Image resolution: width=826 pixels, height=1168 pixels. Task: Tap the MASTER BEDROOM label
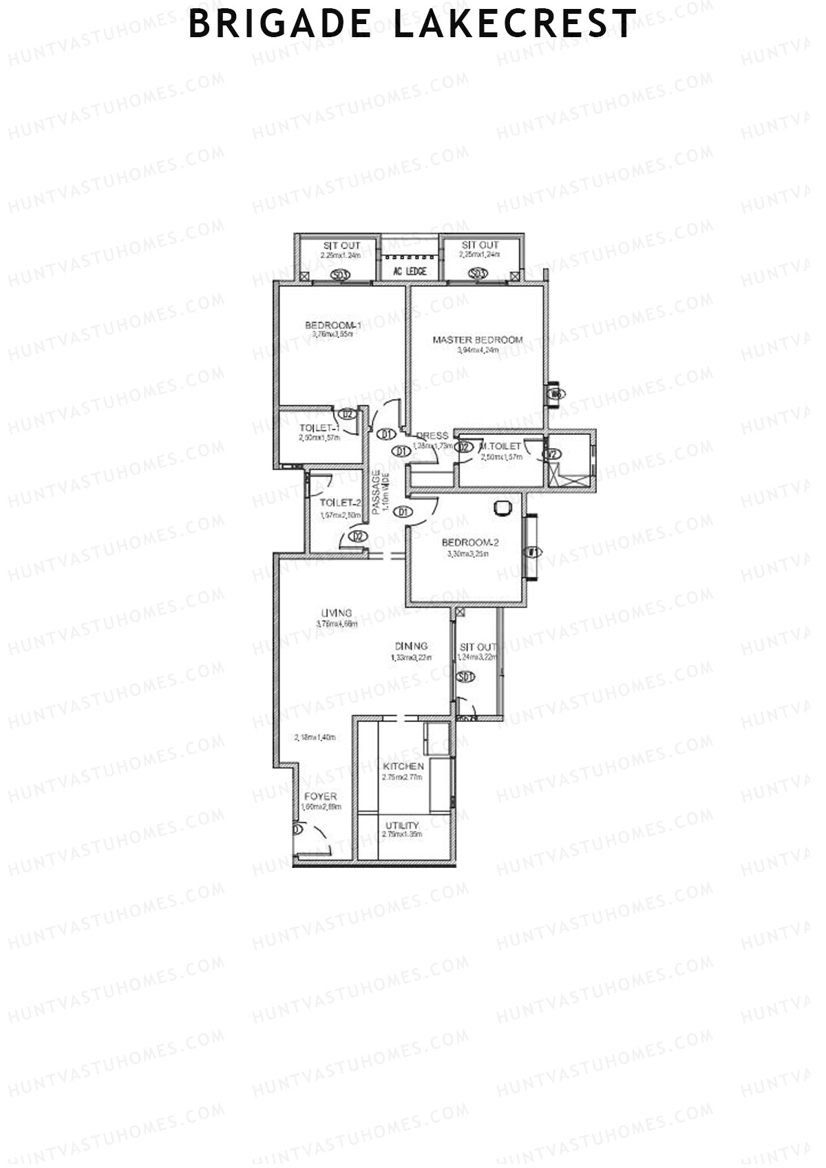pos(477,339)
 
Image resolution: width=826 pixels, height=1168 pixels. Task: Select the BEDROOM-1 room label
pos(333,325)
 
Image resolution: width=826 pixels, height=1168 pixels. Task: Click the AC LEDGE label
pos(410,272)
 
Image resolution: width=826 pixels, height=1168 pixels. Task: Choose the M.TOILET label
pos(501,447)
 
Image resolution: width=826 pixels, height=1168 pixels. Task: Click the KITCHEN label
pos(403,766)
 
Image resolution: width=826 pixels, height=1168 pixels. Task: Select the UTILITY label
pos(402,825)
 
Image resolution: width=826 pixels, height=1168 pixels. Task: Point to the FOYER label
pos(321,796)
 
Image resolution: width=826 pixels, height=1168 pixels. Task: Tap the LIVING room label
pos(337,613)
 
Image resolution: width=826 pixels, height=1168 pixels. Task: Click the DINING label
pos(411,646)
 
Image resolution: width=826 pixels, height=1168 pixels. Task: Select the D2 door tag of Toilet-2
pos(357,536)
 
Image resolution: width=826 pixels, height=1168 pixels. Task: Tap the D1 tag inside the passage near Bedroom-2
pos(403,511)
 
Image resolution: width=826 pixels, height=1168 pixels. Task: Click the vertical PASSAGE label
pos(376,491)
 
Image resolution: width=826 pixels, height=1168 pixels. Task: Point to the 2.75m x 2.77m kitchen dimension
pos(402,777)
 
